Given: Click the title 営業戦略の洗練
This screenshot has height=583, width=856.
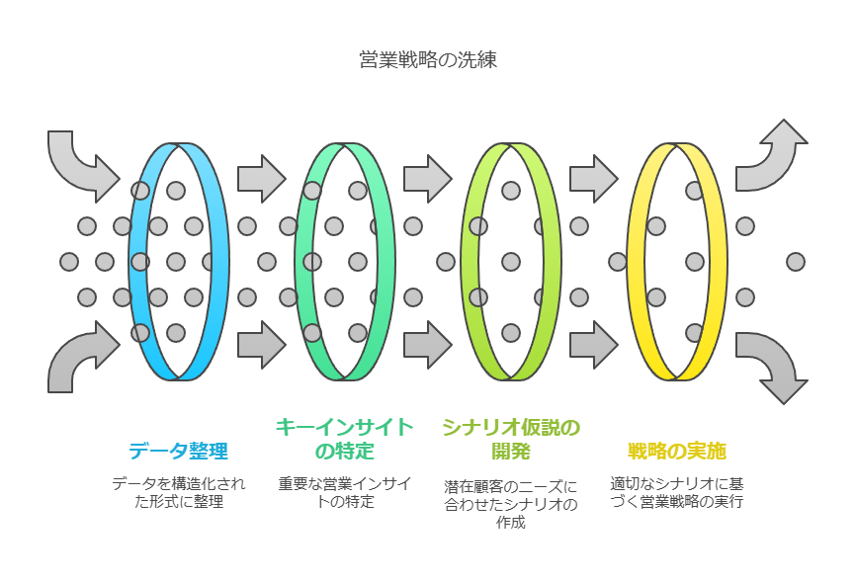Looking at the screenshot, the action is (x=428, y=59).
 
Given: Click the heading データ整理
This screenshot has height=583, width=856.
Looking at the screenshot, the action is (x=179, y=451).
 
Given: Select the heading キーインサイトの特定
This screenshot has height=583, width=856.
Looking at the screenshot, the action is (x=344, y=439).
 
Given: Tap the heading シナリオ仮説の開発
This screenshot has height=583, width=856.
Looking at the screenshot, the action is (x=510, y=439).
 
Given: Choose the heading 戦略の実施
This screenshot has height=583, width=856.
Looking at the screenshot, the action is (x=676, y=451).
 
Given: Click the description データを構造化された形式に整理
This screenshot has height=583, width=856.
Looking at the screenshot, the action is (x=179, y=492).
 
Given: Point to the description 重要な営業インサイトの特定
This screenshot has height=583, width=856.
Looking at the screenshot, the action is (x=344, y=492).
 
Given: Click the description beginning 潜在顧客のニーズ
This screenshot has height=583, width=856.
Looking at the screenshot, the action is (x=510, y=504).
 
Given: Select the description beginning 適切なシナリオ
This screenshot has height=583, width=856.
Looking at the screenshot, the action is (x=676, y=492).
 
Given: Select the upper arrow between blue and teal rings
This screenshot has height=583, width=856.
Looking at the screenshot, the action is (x=262, y=179).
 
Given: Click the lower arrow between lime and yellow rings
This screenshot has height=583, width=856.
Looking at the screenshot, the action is (x=594, y=345).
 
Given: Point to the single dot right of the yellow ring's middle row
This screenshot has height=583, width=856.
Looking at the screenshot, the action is (x=796, y=262).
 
